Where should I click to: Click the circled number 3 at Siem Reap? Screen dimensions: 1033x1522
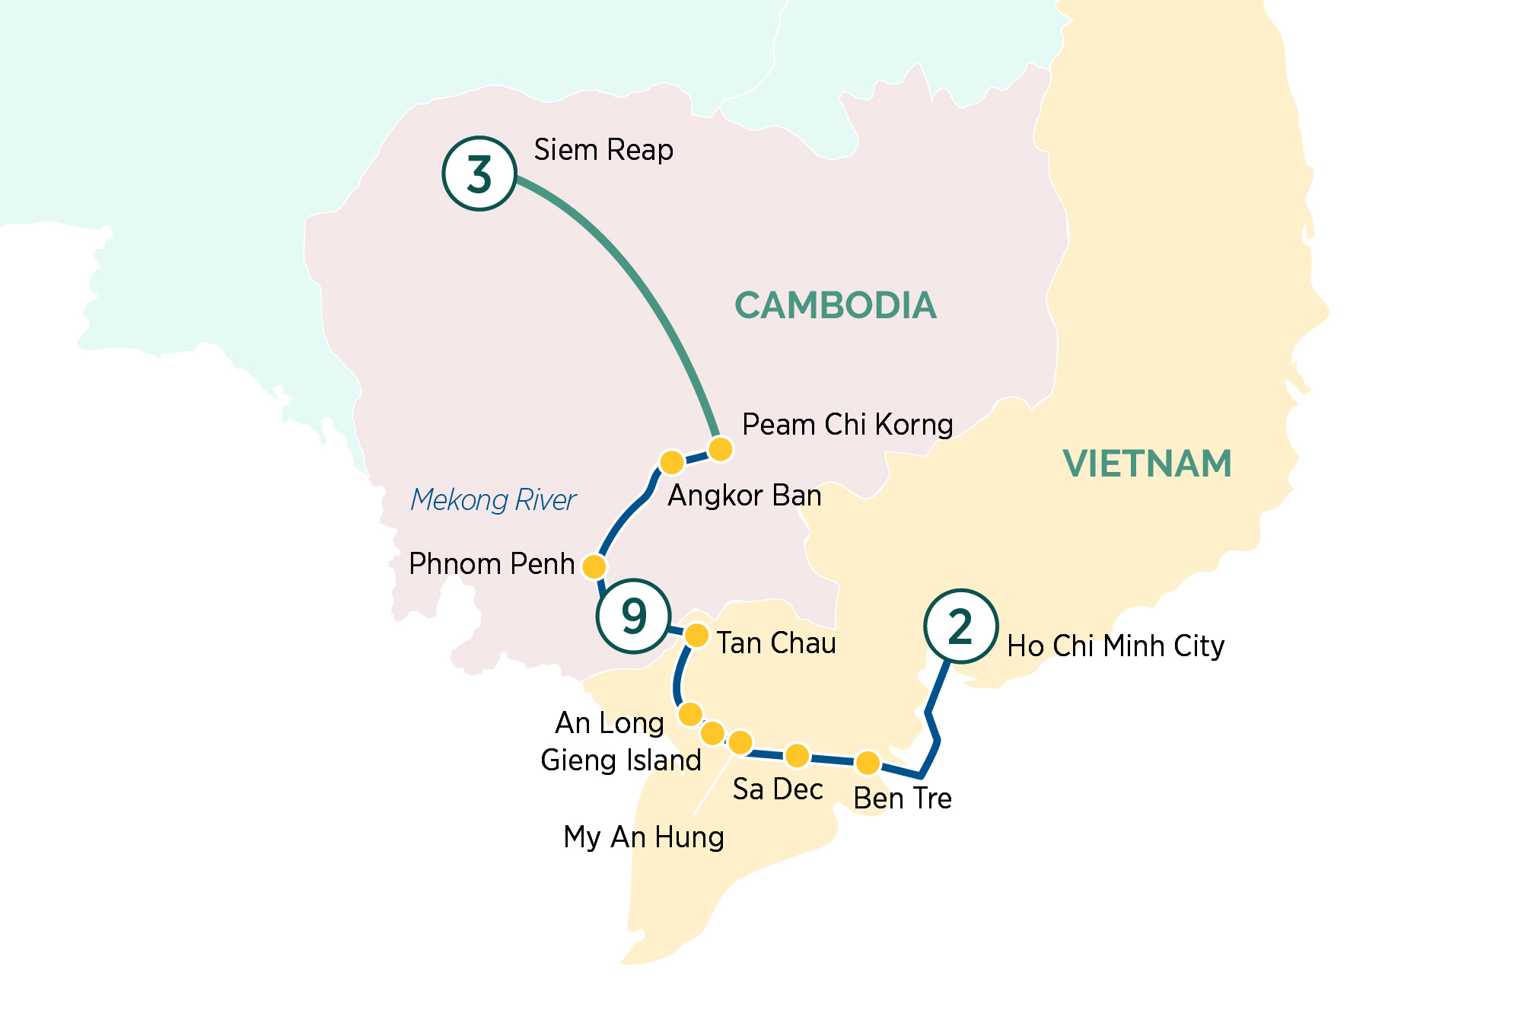(479, 174)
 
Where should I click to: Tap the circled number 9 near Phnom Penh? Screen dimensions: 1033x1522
(633, 616)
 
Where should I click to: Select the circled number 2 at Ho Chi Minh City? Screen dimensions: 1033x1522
(960, 626)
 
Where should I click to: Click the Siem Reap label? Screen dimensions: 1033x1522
(603, 150)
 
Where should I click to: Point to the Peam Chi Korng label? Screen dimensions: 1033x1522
(847, 425)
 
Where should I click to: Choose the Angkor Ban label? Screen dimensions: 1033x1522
(744, 496)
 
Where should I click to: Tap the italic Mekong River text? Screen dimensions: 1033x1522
(493, 500)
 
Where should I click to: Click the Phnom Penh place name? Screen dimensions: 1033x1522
(492, 564)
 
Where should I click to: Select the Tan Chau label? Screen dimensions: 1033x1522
(776, 643)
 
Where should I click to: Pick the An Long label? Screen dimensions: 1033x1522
(610, 723)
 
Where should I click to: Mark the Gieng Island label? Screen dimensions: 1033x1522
(621, 760)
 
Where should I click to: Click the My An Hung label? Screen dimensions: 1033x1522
(644, 837)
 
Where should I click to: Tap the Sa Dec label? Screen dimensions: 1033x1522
(778, 789)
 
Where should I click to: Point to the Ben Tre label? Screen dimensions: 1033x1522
(903, 799)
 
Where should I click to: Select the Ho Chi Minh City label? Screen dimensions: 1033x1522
(1116, 646)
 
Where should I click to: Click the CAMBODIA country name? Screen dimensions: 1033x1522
(836, 306)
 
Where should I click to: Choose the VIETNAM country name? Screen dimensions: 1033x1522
(1147, 464)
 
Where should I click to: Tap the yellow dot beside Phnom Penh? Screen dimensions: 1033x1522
(594, 566)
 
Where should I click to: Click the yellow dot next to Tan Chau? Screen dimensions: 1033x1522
(697, 635)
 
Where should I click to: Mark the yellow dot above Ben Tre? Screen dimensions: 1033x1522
(868, 762)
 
